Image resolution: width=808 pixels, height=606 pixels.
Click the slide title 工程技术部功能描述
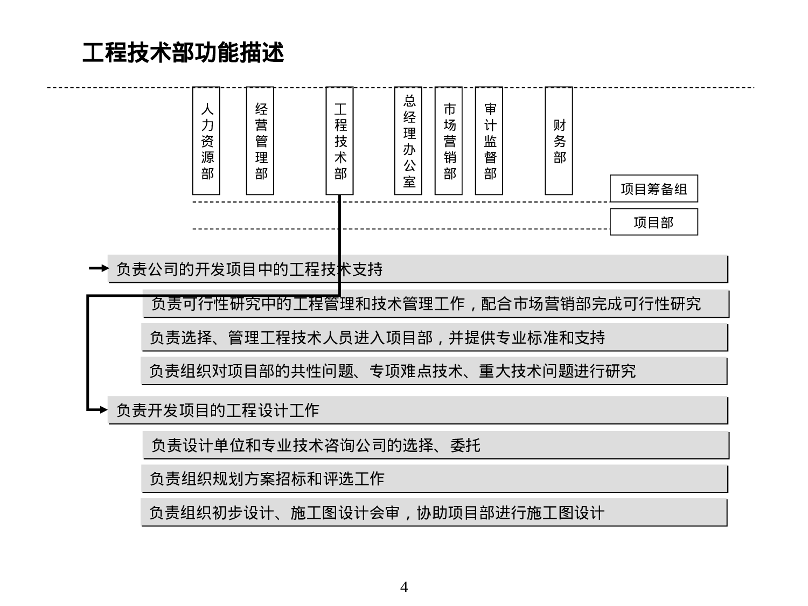[183, 53]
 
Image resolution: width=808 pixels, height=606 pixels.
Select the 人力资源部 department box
[206, 141]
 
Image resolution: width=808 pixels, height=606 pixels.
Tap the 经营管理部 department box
[260, 141]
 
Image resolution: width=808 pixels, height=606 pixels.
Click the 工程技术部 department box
[339, 141]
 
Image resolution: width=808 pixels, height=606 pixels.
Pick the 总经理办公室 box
[408, 141]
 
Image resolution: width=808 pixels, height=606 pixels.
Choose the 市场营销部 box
[449, 141]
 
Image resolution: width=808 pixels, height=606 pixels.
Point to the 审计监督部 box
[489, 141]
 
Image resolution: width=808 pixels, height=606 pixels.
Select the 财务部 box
[559, 141]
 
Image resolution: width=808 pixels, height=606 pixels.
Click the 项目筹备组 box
[653, 189]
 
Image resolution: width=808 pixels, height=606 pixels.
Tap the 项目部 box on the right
[653, 222]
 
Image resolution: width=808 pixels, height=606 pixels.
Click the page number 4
[404, 587]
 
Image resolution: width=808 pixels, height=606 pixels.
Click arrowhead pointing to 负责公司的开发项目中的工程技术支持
[103, 268]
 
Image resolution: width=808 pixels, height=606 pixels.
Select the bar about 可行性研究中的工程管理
[435, 304]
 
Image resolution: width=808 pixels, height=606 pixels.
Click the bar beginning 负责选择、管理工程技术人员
[434, 338]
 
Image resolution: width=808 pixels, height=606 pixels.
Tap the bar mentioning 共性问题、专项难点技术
[434, 371]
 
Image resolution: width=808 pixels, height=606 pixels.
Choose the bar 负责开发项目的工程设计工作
[417, 410]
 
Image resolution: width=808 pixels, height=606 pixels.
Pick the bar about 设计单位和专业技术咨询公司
[435, 445]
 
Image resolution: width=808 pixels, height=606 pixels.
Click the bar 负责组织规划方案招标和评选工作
[434, 479]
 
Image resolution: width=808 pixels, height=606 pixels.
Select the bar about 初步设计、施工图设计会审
[434, 513]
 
